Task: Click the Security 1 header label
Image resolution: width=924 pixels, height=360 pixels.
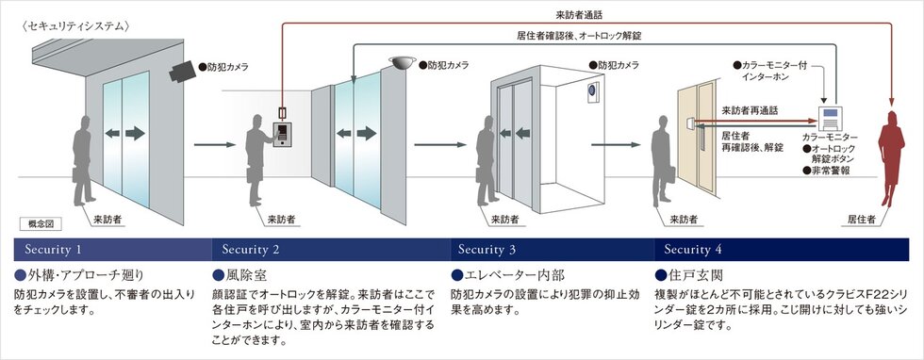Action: (54, 250)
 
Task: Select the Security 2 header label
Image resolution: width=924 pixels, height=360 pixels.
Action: (251, 250)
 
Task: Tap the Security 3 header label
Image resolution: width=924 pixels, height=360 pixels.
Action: (487, 250)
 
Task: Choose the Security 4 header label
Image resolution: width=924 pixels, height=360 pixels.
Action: (693, 250)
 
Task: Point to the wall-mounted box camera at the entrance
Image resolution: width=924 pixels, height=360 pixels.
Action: (181, 70)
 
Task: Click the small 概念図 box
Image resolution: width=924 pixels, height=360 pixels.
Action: (41, 225)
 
